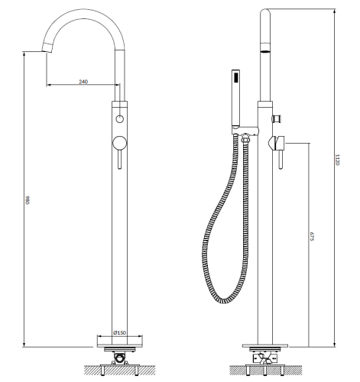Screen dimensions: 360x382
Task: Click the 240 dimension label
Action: click(x=83, y=82)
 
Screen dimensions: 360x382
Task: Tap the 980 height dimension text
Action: click(x=28, y=200)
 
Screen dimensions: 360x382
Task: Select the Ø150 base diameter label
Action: click(x=120, y=332)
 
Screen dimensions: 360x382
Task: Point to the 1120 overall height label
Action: click(x=337, y=160)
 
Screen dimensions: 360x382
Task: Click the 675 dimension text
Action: click(x=312, y=236)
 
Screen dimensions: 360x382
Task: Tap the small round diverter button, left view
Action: click(x=119, y=118)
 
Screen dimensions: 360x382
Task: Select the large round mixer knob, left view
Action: click(x=120, y=143)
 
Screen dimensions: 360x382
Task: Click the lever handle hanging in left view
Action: click(x=120, y=159)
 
